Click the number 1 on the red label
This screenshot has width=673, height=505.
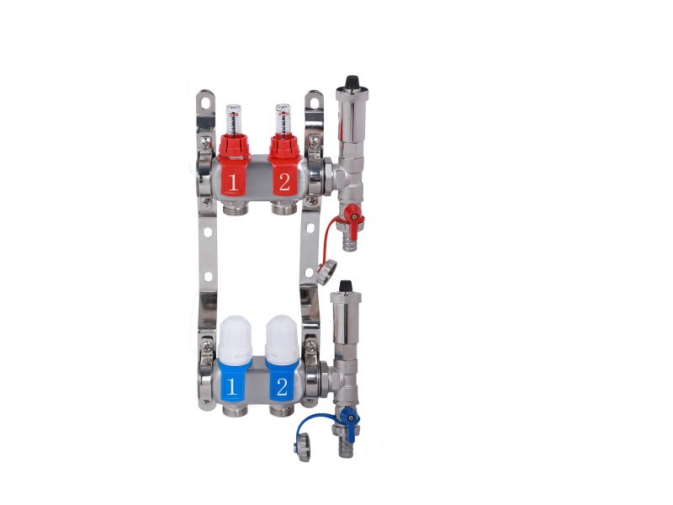click(233, 183)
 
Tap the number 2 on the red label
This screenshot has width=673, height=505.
click(284, 182)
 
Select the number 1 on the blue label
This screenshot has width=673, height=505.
click(231, 386)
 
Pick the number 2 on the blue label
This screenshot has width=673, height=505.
click(282, 387)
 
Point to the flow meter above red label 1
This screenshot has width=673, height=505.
click(232, 120)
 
